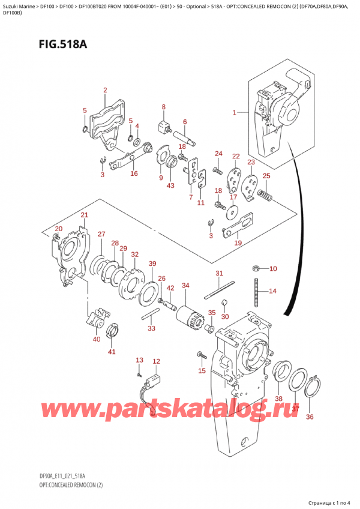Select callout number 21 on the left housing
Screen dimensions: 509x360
[84, 215]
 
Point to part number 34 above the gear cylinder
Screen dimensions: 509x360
[185, 285]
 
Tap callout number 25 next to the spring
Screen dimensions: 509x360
[266, 175]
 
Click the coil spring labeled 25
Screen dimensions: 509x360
[266, 194]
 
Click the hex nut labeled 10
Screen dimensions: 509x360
[256, 268]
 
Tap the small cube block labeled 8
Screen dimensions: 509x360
[162, 127]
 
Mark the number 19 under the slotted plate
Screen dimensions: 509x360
[238, 243]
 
